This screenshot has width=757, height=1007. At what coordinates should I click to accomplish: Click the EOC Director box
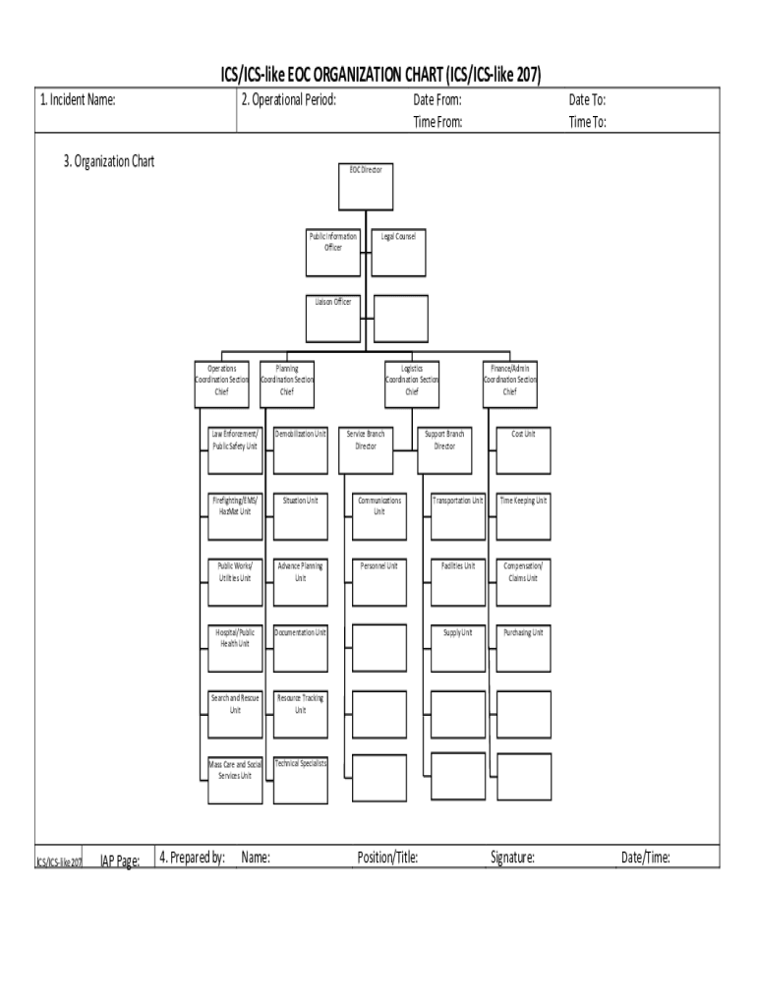[366, 186]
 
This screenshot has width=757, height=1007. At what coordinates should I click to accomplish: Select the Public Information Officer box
[333, 252]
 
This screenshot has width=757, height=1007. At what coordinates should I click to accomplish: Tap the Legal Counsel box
[398, 252]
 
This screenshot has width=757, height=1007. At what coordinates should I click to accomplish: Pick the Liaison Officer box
[333, 317]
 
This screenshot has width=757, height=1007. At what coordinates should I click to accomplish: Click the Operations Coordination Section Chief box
[221, 384]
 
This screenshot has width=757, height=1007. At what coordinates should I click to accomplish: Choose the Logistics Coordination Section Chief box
[411, 384]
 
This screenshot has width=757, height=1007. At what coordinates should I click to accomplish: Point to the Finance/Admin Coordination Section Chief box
[509, 384]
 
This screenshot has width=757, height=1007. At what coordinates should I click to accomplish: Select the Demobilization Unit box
[300, 448]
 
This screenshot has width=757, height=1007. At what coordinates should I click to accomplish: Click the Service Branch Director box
[366, 448]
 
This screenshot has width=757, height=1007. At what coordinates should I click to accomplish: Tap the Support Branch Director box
[444, 448]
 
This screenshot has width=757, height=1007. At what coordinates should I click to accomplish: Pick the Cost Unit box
[523, 448]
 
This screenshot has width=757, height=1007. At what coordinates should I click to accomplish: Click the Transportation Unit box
[457, 515]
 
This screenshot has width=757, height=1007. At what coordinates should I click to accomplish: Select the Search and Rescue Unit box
[234, 714]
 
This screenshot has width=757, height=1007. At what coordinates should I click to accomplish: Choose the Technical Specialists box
[300, 780]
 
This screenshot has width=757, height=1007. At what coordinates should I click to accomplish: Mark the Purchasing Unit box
[523, 647]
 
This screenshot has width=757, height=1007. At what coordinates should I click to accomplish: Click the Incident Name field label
[78, 100]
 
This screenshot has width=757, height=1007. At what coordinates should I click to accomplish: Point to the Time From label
[437, 123]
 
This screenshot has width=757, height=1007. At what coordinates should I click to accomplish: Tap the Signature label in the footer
[512, 858]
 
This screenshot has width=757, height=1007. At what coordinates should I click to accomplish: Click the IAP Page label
[120, 861]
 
